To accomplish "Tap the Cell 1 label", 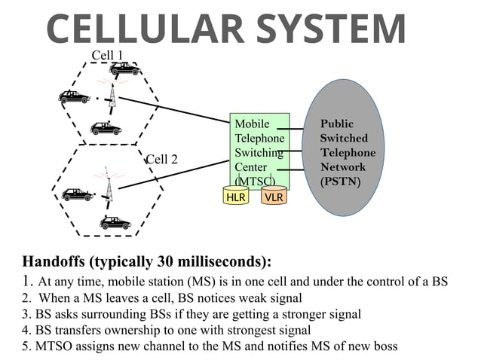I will (107, 55).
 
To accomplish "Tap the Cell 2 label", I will (161, 159).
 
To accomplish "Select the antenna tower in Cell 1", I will (112, 95).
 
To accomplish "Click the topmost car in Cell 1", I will (125, 69).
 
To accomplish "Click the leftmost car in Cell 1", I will (74, 96).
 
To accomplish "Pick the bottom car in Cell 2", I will (115, 222).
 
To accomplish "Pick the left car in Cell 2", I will (77, 194).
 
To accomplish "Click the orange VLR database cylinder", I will (274, 197).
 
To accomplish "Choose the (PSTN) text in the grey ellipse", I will (340, 182).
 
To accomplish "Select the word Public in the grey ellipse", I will (336, 124).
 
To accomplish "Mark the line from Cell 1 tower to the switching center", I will (173, 109).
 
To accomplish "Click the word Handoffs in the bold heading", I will (56, 262).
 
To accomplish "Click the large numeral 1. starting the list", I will (27, 281).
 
